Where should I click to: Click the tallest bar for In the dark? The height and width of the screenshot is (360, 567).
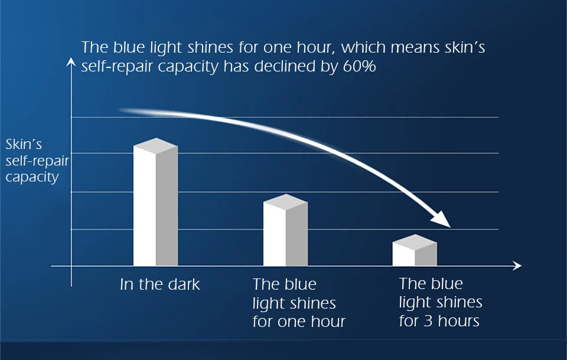pos(155,202)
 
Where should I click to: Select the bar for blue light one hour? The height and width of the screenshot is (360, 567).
pos(286,230)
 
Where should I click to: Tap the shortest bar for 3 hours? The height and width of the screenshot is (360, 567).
pos(415,250)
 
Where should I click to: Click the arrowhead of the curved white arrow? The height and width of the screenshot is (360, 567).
pos(441,219)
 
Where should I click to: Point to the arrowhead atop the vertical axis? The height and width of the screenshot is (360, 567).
pos(71,62)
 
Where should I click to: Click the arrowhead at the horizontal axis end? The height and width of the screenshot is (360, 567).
pos(517,266)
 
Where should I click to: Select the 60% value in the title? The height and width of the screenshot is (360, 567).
pos(360,66)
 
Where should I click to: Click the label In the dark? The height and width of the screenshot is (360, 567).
pos(160,284)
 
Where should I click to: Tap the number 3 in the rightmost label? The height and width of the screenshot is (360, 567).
pos(428,321)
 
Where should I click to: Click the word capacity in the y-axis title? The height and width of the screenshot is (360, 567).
pos(32,177)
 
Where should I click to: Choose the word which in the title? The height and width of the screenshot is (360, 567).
pos(363,47)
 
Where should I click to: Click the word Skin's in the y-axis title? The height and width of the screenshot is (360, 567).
pos(24,144)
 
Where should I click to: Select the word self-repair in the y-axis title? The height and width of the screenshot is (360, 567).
pos(37,161)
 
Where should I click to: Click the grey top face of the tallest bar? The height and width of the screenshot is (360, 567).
pos(155,146)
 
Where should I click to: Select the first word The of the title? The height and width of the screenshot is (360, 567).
pos(94,47)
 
